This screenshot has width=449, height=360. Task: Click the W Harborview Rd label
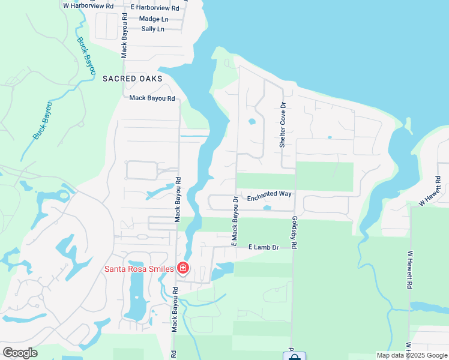[x=88, y=5]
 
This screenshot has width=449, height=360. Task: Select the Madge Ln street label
[x=154, y=19]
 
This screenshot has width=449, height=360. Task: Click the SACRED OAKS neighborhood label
[x=128, y=79]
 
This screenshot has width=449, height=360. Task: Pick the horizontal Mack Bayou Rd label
[x=152, y=98]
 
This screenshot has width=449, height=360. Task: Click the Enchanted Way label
[x=269, y=194]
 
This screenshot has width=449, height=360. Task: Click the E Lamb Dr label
[x=264, y=247]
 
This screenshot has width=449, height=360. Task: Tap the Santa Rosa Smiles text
[x=139, y=269]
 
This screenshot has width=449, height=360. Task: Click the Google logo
[x=20, y=353]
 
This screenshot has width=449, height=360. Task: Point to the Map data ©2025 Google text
[x=411, y=355]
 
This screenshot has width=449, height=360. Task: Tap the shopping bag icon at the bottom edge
[x=294, y=357]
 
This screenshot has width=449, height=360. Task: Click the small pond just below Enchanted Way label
[x=267, y=208]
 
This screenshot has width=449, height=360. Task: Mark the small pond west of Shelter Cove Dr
[x=252, y=121]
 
